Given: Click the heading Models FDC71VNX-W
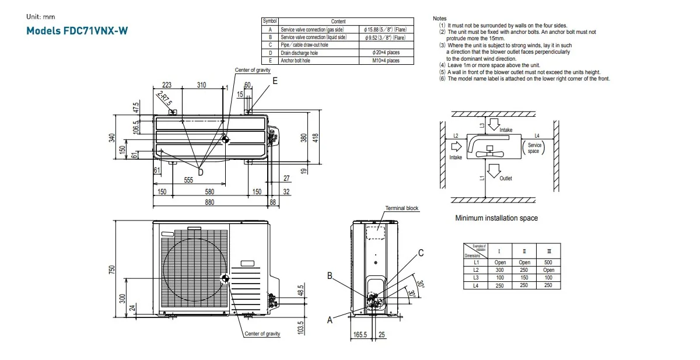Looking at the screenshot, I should point(77,30).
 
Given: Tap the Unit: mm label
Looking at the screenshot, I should point(40,17).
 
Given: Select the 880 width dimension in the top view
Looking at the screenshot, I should point(209,202).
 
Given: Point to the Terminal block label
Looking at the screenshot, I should point(402,208).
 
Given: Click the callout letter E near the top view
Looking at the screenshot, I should point(275,81).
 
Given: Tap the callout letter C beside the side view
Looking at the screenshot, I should point(421,253).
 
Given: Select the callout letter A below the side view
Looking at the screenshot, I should point(330,320).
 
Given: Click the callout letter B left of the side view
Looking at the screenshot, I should point(330,275).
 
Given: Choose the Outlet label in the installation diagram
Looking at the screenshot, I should point(506,179).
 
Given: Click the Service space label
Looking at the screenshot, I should point(534,148).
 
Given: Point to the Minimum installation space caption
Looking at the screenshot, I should point(496,218).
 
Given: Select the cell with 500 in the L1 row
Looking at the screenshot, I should point(548,263).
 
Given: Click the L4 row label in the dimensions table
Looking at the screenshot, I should point(476,285).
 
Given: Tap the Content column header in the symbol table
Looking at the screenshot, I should point(338,22).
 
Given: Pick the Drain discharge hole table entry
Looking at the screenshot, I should point(300,53).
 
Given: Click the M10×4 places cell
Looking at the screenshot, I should point(386,60).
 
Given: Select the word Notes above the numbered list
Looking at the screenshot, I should point(440,19).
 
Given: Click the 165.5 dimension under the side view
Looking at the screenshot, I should point(360,335).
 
